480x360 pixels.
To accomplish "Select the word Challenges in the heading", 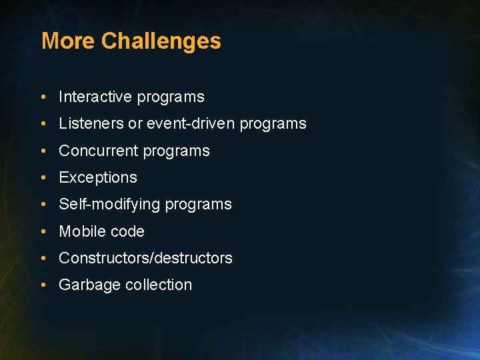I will click(x=161, y=41).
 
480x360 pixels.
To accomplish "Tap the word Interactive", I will click(x=95, y=97).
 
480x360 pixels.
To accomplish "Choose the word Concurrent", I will click(x=97, y=151).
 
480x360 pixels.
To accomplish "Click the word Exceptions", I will click(x=98, y=177).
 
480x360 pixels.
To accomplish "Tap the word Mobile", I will click(x=79, y=231).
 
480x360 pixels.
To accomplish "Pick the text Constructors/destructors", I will click(x=145, y=258).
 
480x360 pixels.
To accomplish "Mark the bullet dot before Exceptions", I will click(x=43, y=178).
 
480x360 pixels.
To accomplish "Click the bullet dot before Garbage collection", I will click(x=43, y=285).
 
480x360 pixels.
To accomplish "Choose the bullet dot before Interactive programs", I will click(x=43, y=97).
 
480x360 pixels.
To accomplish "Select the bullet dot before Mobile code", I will click(x=43, y=232).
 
